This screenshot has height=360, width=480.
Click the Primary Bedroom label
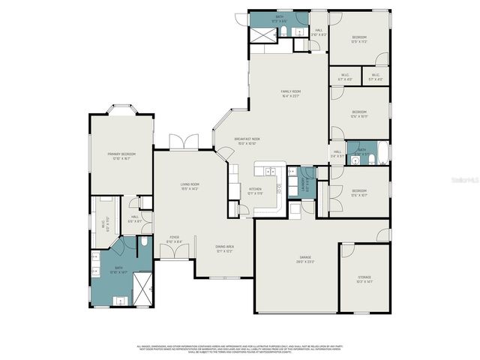(119, 156)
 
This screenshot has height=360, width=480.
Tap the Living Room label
(189, 185)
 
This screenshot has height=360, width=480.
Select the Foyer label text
(173, 239)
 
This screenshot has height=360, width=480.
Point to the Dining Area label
(224, 247)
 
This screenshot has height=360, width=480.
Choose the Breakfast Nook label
(247, 140)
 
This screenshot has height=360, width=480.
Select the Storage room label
(364, 280)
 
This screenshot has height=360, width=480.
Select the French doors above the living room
(181, 142)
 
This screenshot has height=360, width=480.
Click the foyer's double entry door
(173, 253)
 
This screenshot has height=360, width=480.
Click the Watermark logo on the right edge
(469, 180)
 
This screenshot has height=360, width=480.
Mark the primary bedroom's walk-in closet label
(103, 222)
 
